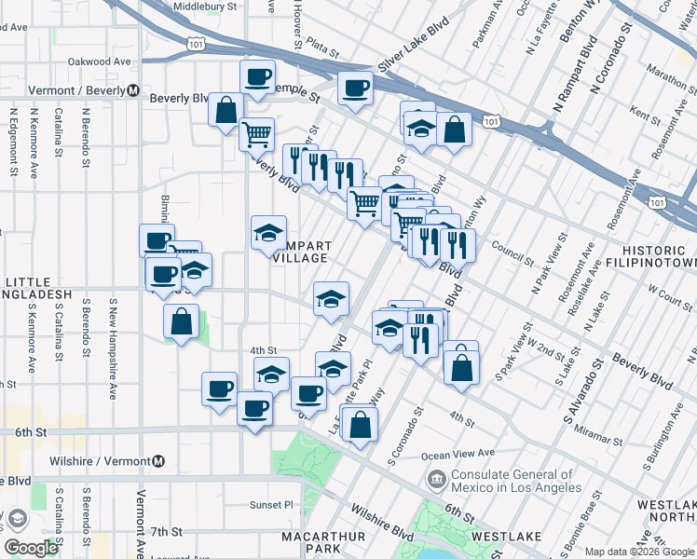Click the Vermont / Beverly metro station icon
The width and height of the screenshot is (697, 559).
click(x=133, y=92)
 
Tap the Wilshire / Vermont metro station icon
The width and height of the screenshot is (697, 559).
click(x=159, y=461)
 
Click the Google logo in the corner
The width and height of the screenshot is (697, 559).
click(x=31, y=548)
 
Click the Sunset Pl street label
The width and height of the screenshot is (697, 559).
click(x=270, y=504)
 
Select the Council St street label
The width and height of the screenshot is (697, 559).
click(x=512, y=250)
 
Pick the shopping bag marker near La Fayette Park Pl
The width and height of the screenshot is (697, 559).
click(x=360, y=424)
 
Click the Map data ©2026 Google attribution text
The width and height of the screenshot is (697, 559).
click(x=638, y=552)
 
